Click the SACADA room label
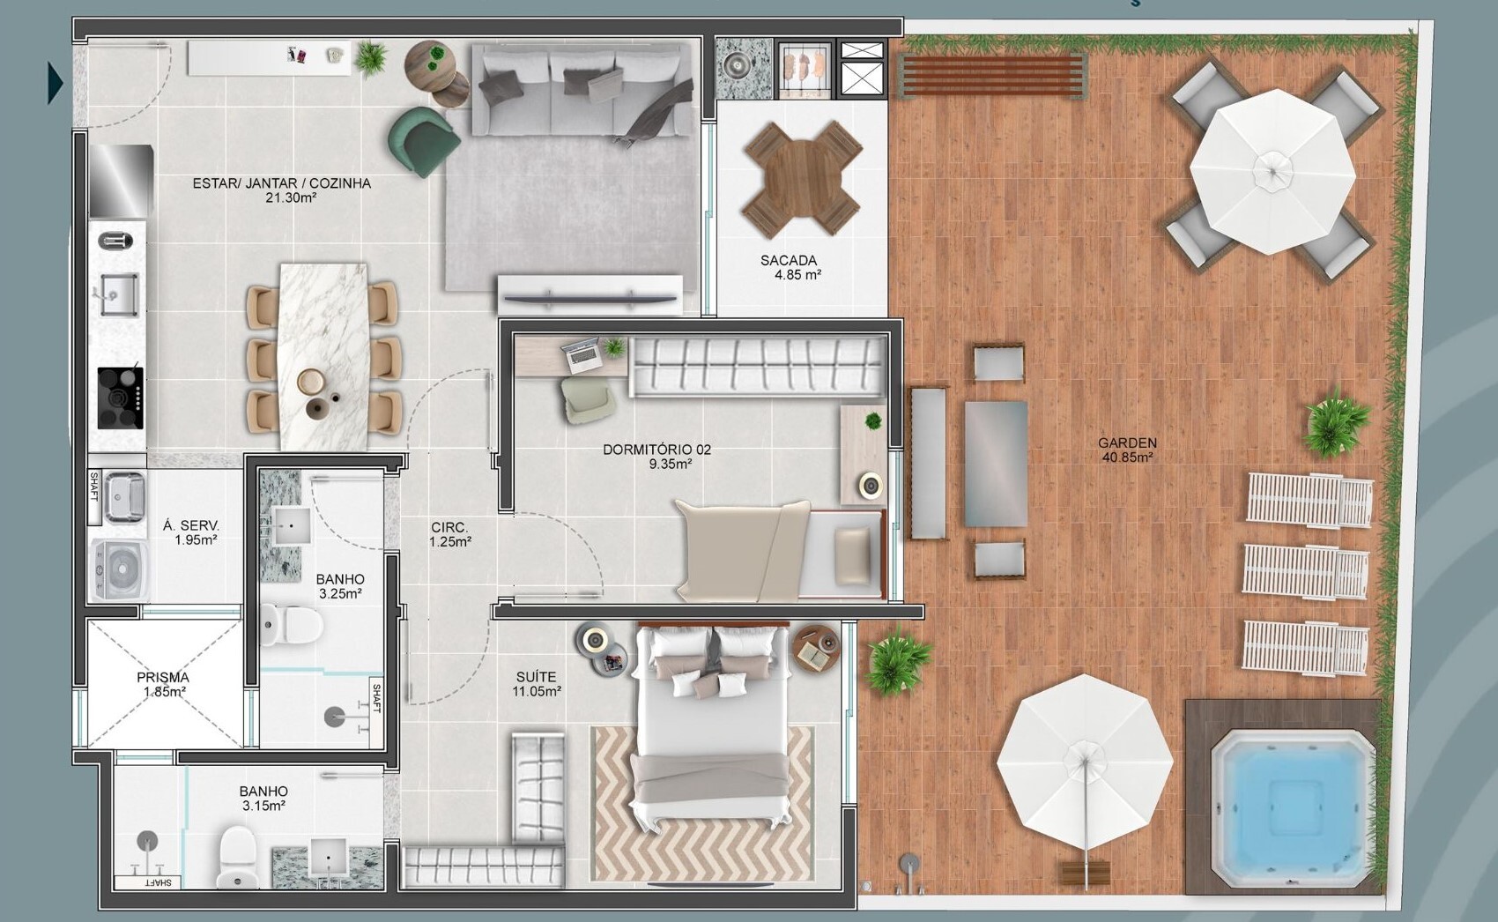[x=789, y=260]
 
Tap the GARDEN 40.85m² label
[x=1128, y=450]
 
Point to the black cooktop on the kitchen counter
[x=121, y=398]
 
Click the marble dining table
[x=324, y=357]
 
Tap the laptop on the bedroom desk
[x=581, y=354]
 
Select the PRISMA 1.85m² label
[x=163, y=685]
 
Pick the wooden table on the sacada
[x=800, y=178]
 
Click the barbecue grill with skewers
[x=805, y=68]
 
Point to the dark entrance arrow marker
[x=55, y=84]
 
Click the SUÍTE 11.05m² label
[x=537, y=684]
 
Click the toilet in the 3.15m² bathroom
[x=237, y=857]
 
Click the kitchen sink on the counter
[x=119, y=294]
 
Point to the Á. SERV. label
[x=191, y=526]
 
